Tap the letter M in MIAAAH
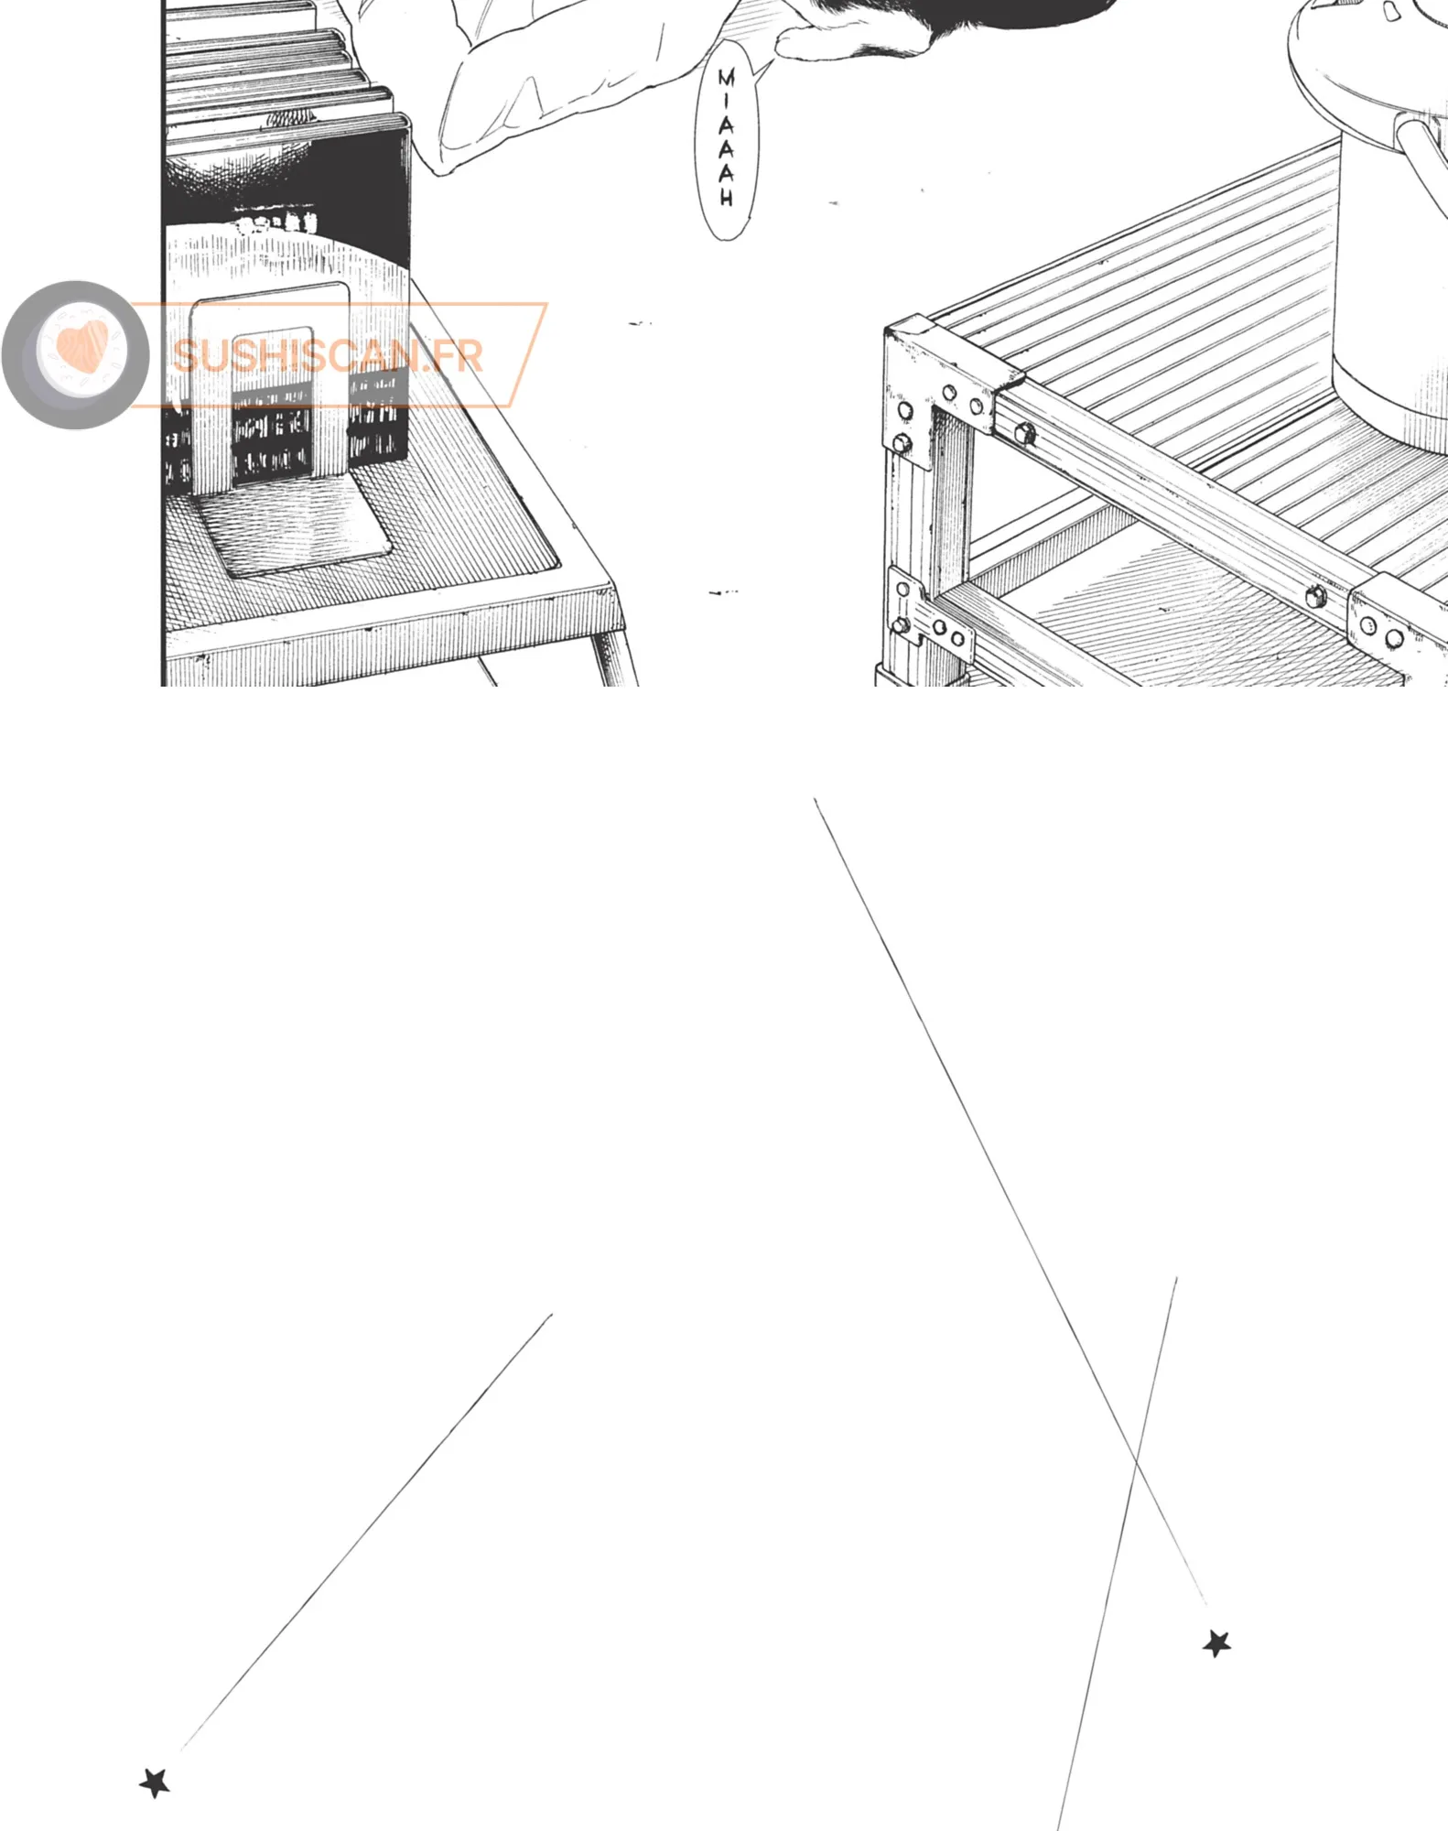(726, 79)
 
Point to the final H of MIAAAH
(726, 197)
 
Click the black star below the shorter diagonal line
(155, 1782)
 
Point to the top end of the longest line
(815, 799)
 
